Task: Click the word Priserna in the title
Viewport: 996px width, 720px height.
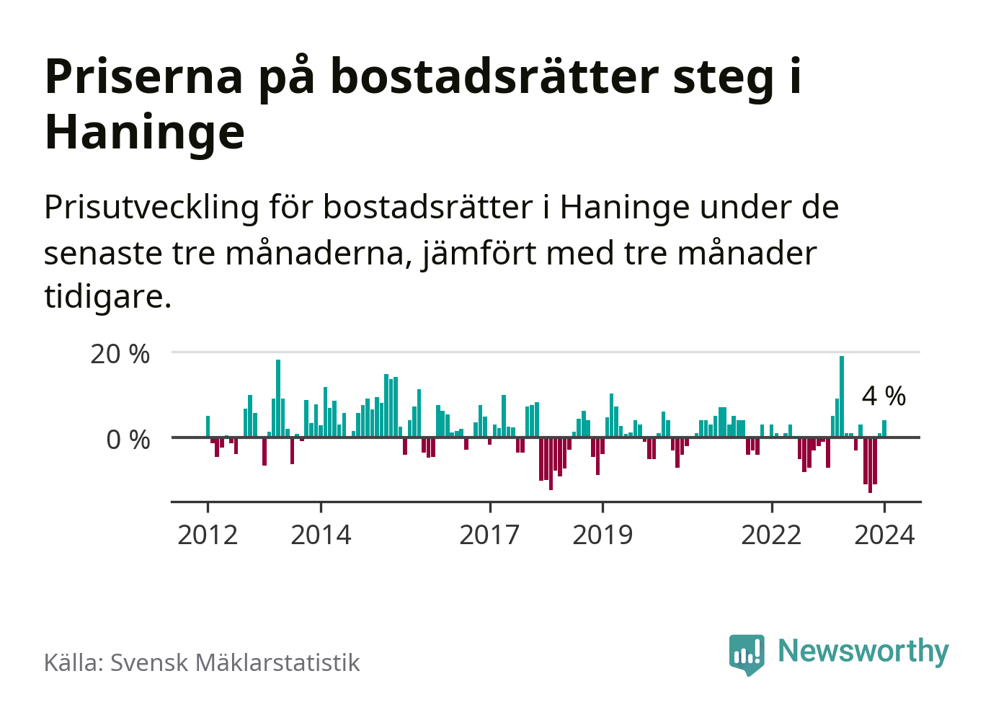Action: tap(144, 76)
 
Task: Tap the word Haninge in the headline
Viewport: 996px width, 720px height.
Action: tap(144, 132)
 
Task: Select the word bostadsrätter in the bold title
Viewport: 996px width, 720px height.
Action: tap(494, 76)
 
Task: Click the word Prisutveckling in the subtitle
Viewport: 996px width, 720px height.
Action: tap(151, 208)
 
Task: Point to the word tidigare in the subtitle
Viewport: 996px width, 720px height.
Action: tap(107, 296)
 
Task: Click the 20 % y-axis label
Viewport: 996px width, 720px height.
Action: tap(120, 354)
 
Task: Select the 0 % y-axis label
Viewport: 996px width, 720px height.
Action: tap(128, 440)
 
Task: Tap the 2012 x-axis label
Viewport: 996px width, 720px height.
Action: tap(208, 535)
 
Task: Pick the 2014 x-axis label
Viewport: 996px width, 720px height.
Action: tap(321, 535)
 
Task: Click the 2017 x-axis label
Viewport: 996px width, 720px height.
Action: tap(489, 535)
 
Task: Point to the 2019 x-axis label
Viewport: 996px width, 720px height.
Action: tap(603, 535)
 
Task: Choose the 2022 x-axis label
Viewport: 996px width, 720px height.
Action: tap(771, 535)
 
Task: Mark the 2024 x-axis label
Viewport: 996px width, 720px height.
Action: tap(884, 535)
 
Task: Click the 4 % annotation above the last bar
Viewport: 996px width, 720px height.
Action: tap(884, 396)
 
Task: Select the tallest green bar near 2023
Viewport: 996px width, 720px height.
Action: tap(841, 396)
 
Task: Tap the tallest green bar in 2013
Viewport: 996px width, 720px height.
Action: tap(278, 399)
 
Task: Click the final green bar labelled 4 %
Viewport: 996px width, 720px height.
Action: tap(884, 429)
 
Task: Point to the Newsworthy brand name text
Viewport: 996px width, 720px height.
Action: tap(863, 651)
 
